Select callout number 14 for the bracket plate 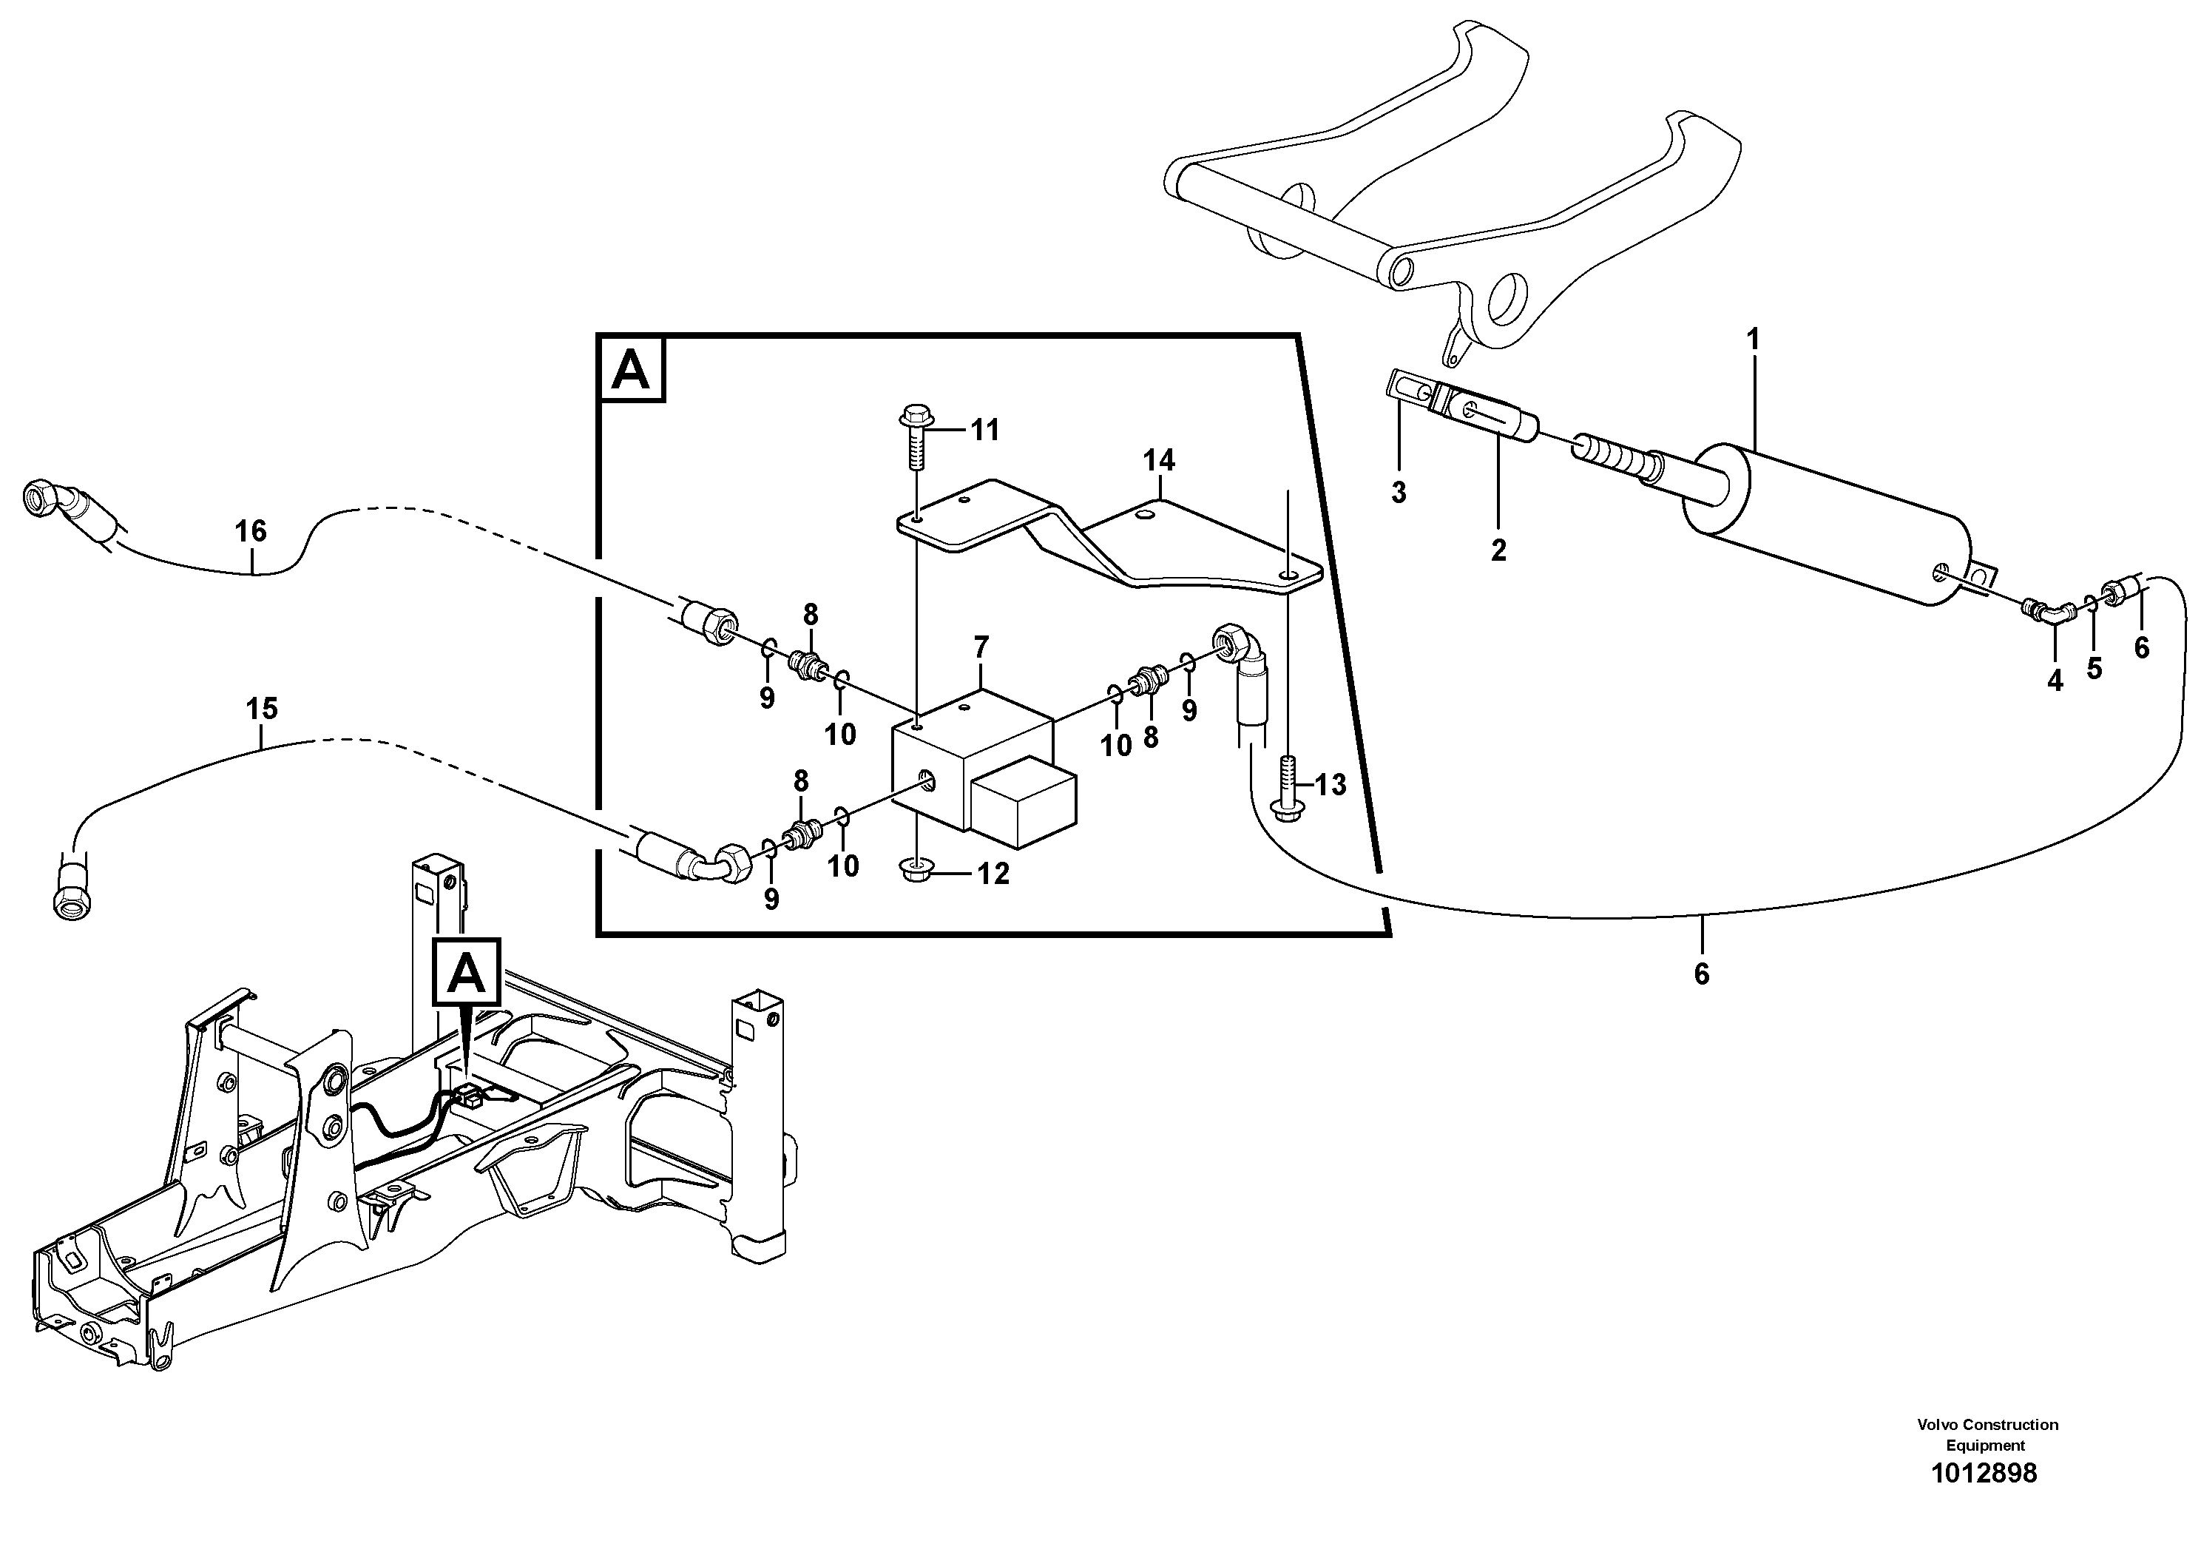[1158, 461]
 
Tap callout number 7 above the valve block [981, 648]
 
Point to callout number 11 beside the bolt [984, 431]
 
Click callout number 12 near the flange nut [993, 874]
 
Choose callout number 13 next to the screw [1330, 785]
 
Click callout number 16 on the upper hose [251, 531]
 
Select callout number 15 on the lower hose [262, 709]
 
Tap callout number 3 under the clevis [1399, 493]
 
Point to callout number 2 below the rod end [1498, 550]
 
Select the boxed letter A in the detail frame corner [631, 370]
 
